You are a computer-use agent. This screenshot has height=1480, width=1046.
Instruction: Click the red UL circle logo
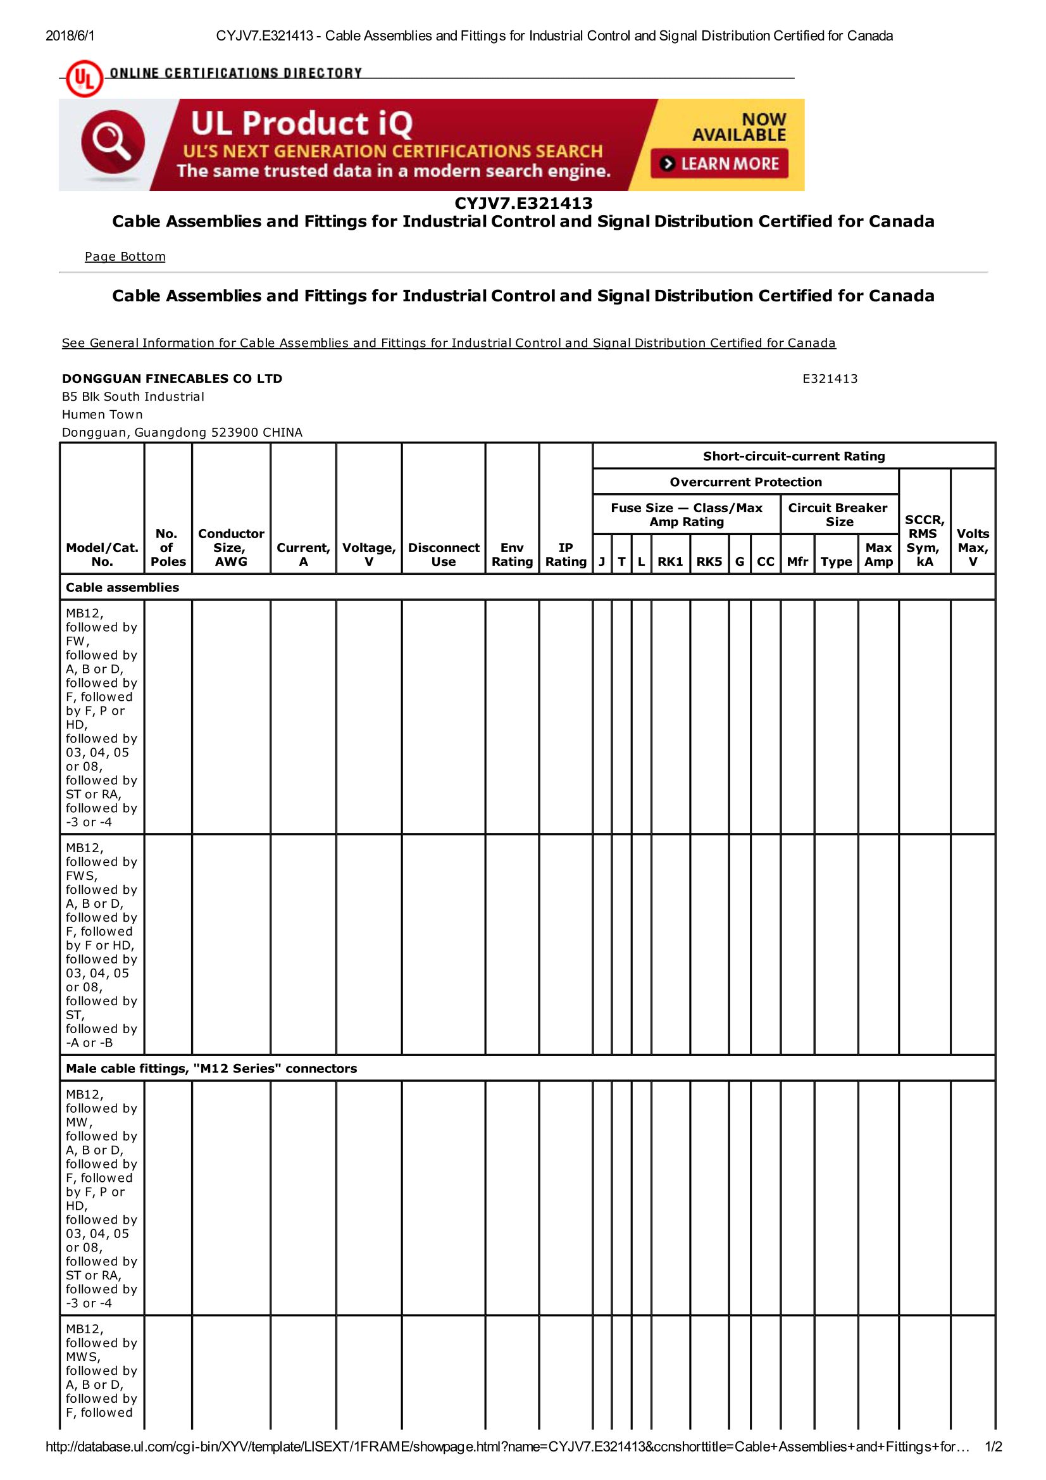(x=84, y=78)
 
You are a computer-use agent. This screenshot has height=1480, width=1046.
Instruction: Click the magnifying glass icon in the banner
(x=113, y=143)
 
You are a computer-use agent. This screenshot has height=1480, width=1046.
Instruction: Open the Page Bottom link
(x=125, y=256)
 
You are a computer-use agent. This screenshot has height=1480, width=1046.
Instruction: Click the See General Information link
(x=449, y=343)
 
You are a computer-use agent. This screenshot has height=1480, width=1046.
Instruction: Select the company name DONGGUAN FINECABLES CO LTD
(x=172, y=379)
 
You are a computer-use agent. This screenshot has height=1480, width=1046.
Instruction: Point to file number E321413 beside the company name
(x=830, y=379)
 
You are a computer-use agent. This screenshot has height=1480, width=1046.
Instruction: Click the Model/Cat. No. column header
(x=102, y=554)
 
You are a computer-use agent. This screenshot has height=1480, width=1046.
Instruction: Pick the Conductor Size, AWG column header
(x=231, y=548)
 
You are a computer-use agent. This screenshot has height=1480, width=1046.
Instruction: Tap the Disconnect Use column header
(x=444, y=554)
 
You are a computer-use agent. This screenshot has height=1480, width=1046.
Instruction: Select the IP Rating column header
(x=565, y=554)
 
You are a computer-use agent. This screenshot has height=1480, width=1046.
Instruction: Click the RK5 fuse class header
(x=709, y=561)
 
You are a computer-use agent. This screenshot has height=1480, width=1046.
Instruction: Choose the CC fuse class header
(x=765, y=561)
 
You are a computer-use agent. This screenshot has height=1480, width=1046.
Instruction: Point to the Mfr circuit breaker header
(x=797, y=561)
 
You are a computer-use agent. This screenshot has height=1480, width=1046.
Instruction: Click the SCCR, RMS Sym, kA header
(x=925, y=540)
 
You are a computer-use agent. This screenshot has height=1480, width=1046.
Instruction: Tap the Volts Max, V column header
(x=973, y=548)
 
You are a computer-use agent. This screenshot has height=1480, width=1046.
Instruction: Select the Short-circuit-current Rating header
(x=794, y=456)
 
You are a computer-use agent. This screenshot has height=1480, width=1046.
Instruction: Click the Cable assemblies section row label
(x=123, y=587)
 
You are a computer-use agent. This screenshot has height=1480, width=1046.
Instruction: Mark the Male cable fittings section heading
(x=211, y=1068)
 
